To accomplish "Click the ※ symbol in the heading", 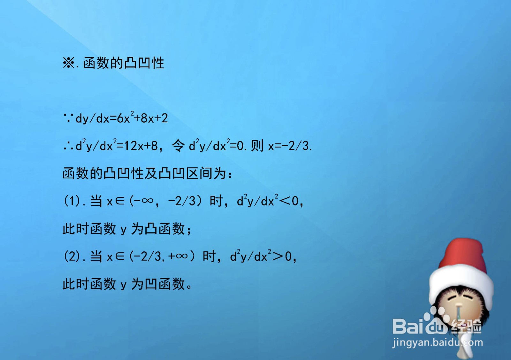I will tap(68, 63).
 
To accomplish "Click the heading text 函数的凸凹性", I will tap(124, 63).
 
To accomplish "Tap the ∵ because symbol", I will tap(68, 119).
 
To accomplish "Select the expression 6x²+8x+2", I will tap(142, 118).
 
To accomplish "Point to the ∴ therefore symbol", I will tap(68, 146).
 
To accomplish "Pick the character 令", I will tap(178, 146).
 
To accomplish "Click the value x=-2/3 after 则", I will tap(289, 146).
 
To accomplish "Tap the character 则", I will tap(257, 146).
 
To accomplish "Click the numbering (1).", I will tap(72, 201).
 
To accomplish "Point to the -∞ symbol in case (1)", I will tap(144, 201).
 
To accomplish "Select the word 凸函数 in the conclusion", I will tap(164, 229).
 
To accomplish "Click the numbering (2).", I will tap(72, 256).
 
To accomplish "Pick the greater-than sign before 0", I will tap(278, 256).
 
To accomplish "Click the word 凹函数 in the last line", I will tap(164, 284).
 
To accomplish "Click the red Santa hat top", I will tap(463, 256).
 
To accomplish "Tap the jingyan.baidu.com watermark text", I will tap(438, 342).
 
